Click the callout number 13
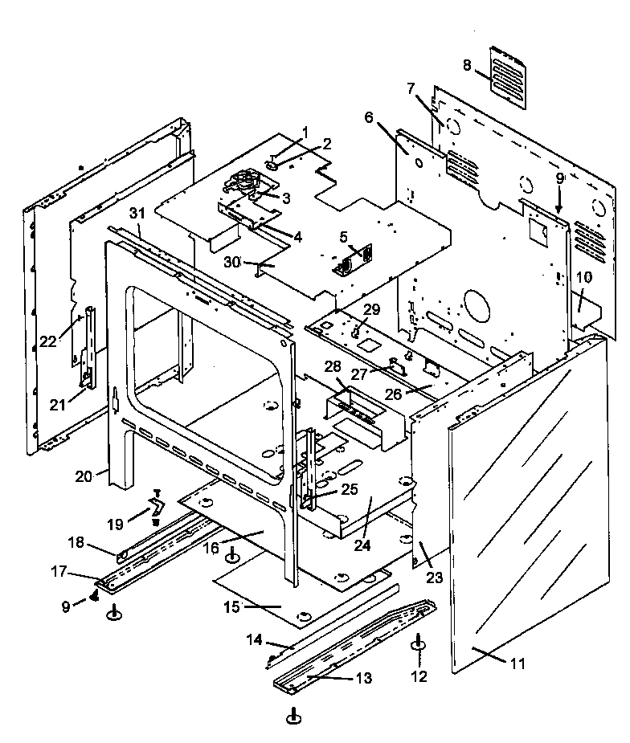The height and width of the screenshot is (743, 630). pos(363,679)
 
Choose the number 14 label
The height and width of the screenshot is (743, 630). pos(255,640)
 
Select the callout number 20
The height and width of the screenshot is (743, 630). pos(84,475)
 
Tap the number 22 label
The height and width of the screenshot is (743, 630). pos(49,341)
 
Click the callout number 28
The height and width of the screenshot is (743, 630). pos(333,367)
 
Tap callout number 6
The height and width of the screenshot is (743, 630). pos(369,117)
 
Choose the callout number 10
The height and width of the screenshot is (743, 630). pos(583,277)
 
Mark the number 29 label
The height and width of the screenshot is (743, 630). pos(372,309)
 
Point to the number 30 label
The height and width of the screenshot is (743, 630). pos(232,262)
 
